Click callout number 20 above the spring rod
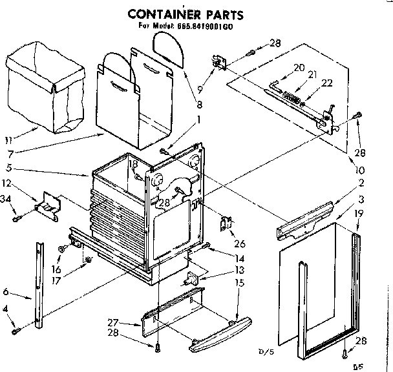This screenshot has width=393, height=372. pyautogui.click(x=299, y=67)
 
